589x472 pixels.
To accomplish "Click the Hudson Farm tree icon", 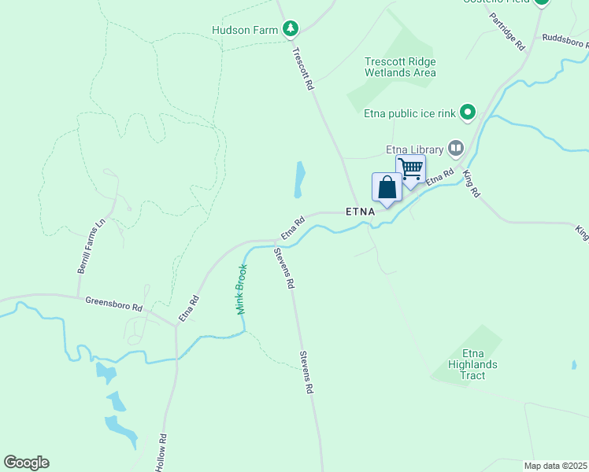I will pyautogui.click(x=291, y=30).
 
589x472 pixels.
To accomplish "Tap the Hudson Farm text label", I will pyautogui.click(x=245, y=31).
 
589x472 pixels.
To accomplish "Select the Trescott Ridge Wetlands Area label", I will pyautogui.click(x=400, y=67).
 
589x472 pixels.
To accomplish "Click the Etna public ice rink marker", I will pyautogui.click(x=468, y=113).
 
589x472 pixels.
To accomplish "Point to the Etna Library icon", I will pyautogui.click(x=455, y=147).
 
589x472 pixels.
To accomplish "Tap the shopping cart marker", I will pyautogui.click(x=410, y=170).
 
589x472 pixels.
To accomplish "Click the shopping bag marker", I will pyautogui.click(x=387, y=189).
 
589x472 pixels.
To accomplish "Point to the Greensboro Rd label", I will pyautogui.click(x=113, y=303).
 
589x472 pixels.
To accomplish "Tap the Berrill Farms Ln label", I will pyautogui.click(x=91, y=247).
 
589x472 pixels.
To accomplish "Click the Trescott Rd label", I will pyautogui.click(x=303, y=68).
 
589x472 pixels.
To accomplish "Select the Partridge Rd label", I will pyautogui.click(x=506, y=31).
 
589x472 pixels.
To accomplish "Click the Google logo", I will pyautogui.click(x=26, y=463).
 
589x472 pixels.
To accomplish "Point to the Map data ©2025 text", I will pyautogui.click(x=555, y=466).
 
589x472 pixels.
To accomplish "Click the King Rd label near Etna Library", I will pyautogui.click(x=471, y=183).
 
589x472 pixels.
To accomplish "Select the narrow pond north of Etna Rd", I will pyautogui.click(x=299, y=179).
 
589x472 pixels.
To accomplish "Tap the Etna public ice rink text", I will pyautogui.click(x=409, y=113).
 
